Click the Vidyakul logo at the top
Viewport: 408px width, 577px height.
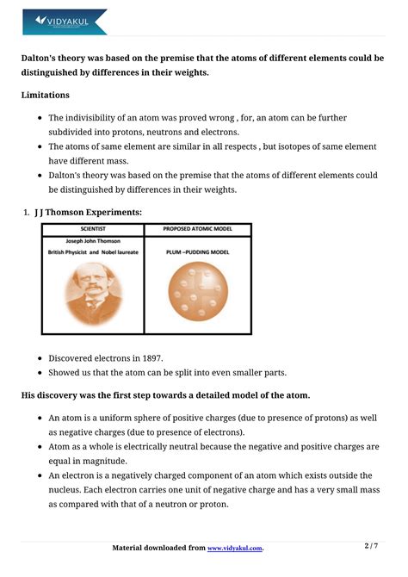[x=65, y=21]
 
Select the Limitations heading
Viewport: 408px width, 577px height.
[x=46, y=95]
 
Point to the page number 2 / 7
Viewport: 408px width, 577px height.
[x=371, y=546]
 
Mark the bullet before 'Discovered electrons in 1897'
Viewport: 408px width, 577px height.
[x=39, y=358]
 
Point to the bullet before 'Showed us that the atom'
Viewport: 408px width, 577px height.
[x=39, y=373]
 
